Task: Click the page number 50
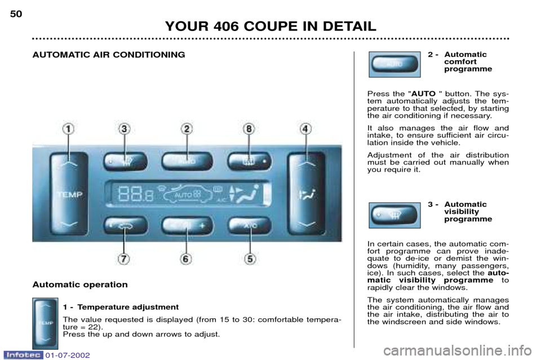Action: pyautogui.click(x=16, y=14)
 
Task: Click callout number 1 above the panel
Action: pyautogui.click(x=68, y=129)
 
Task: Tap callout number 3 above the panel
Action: pyautogui.click(x=124, y=129)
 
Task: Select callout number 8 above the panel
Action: pyautogui.click(x=249, y=129)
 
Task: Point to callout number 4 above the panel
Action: pyautogui.click(x=305, y=129)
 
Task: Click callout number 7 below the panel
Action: pyautogui.click(x=124, y=259)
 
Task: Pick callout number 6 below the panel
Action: pyautogui.click(x=185, y=259)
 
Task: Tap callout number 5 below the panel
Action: pyautogui.click(x=250, y=259)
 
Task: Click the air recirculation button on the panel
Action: pyautogui.click(x=126, y=226)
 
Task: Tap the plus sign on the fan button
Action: pyautogui.click(x=202, y=226)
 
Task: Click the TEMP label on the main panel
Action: pyautogui.click(x=70, y=195)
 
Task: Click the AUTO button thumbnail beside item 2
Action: pyautogui.click(x=394, y=64)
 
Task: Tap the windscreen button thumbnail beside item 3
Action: pyautogui.click(x=394, y=216)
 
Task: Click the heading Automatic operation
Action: pyautogui.click(x=80, y=285)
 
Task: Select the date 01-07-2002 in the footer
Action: pyautogui.click(x=67, y=355)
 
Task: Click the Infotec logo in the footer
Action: pyautogui.click(x=23, y=355)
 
